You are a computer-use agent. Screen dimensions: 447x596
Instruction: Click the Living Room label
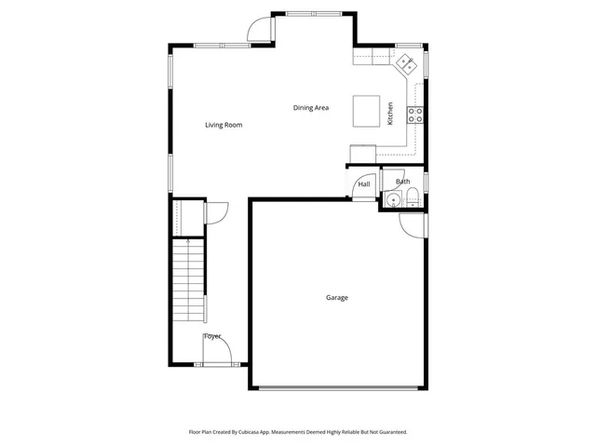tap(223, 125)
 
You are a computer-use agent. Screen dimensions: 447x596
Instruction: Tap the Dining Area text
tap(311, 108)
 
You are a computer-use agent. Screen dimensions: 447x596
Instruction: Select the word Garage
tap(336, 298)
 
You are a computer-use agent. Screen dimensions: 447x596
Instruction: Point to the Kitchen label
tap(390, 114)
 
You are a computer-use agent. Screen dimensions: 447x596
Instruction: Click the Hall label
tap(364, 184)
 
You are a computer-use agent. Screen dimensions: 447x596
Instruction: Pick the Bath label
tap(402, 182)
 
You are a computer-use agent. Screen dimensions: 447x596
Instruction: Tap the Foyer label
tap(212, 335)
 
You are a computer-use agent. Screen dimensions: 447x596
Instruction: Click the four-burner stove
tap(416, 115)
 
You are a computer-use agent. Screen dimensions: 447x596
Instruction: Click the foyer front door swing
tap(214, 354)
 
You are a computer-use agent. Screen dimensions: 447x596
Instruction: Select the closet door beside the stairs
tap(213, 213)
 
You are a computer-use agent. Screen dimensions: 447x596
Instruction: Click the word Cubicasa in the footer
tap(264, 432)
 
